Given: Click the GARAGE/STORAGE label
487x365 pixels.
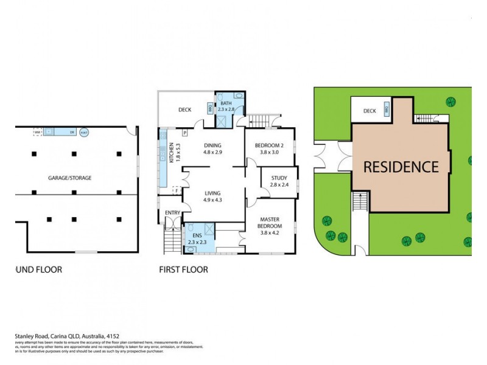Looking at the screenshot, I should click(70, 178).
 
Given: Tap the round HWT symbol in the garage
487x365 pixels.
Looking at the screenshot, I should click(84, 131).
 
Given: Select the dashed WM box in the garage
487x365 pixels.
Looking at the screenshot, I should click(37, 131).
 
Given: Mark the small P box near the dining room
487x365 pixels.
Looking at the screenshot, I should click(184, 132).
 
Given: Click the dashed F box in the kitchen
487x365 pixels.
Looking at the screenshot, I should click(177, 190).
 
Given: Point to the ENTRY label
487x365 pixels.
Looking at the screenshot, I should click(173, 212).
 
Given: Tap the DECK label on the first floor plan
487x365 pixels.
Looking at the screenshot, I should click(186, 110).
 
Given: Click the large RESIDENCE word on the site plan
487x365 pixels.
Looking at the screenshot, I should click(401, 167).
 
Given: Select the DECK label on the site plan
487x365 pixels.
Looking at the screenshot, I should click(370, 111).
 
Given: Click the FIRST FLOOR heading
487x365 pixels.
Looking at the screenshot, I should click(183, 269).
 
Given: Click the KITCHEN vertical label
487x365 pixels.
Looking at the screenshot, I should click(172, 152).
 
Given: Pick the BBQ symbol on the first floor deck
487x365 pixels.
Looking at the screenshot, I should click(210, 108).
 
